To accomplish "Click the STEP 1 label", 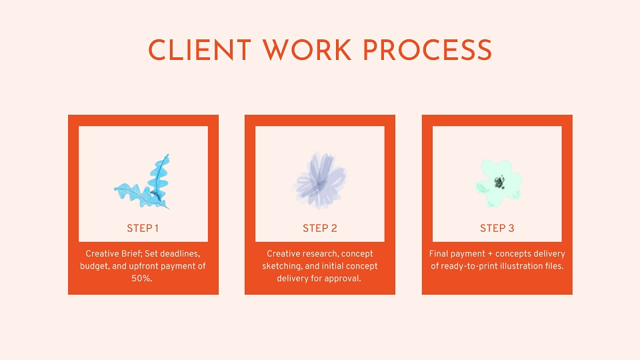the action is tap(143, 228).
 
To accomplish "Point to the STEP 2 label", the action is tap(320, 228).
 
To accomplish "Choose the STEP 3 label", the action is tap(497, 228).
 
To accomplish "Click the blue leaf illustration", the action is tap(143, 182).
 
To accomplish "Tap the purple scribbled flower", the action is tap(320, 180).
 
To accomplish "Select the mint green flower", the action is tap(499, 183).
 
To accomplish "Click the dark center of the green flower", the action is tap(499, 182).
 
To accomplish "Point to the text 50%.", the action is tap(141, 279).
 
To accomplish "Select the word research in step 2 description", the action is tap(319, 254).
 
